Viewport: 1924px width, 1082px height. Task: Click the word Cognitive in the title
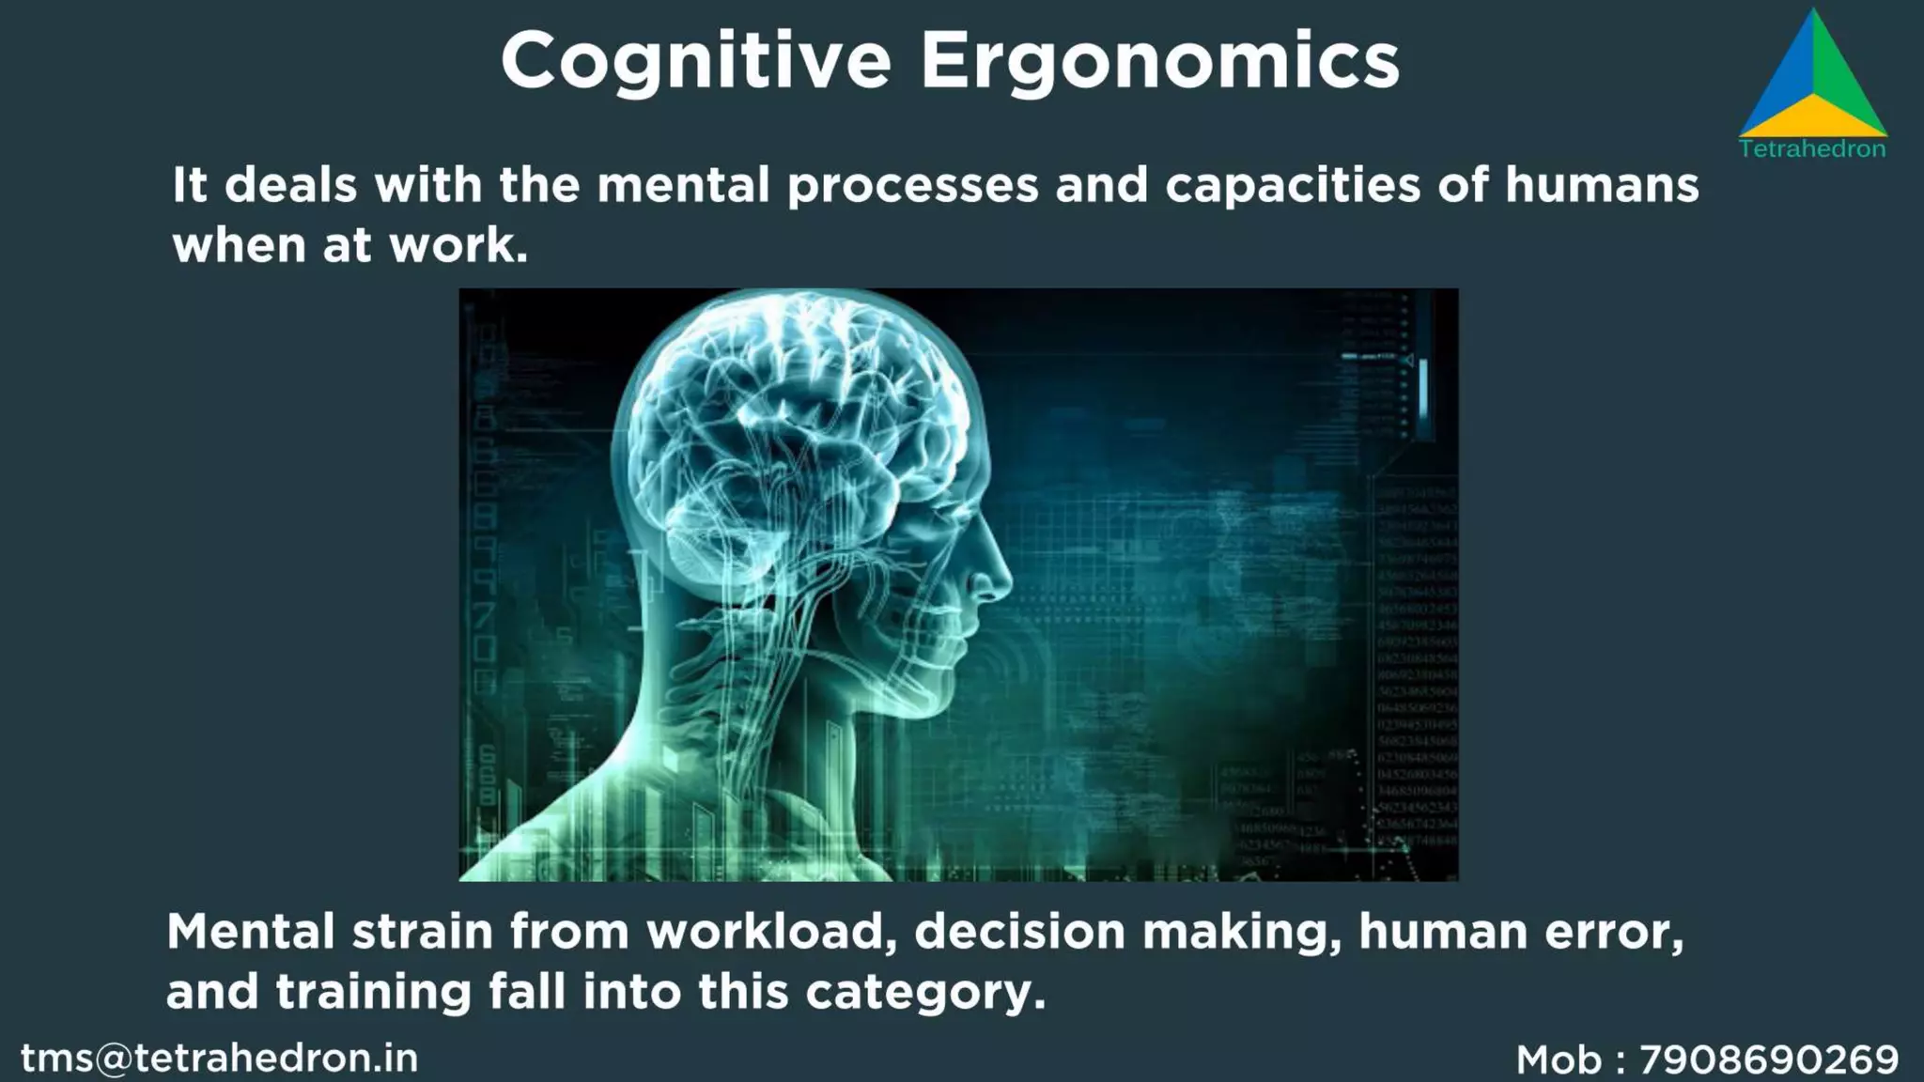pos(695,61)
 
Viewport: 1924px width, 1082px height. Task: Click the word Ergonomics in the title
pos(1159,61)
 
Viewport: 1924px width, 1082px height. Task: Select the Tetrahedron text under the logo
pos(1812,148)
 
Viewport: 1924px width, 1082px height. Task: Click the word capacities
pos(1293,186)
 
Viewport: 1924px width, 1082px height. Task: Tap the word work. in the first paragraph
pos(458,245)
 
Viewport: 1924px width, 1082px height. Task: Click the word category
pos(925,993)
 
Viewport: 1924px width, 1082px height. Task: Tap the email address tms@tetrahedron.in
pos(220,1059)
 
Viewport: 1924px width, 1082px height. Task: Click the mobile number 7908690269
pos(1769,1059)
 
